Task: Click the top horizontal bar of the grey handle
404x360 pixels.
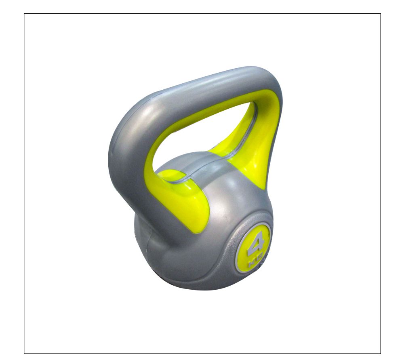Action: pos(202,87)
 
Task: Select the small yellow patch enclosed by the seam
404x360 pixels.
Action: pos(170,175)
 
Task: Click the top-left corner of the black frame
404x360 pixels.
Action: pos(24,14)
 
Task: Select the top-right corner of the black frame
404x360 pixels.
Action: pos(380,14)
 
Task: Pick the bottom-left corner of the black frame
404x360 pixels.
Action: pos(24,353)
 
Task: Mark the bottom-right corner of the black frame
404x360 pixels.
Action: pos(380,353)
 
